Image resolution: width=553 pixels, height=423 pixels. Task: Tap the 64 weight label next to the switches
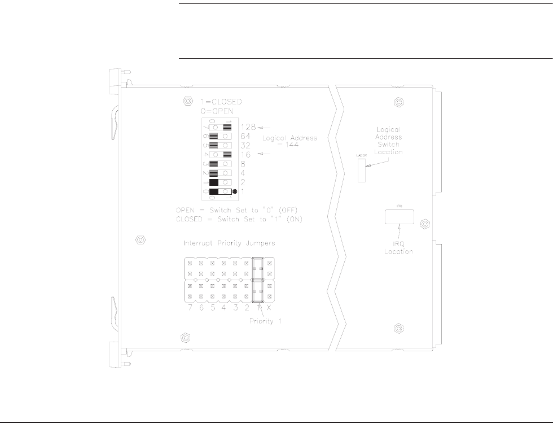pyautogui.click(x=245, y=136)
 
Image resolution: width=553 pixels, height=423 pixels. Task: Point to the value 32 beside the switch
pyautogui.click(x=245, y=145)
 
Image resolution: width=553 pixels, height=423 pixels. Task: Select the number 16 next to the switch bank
pyautogui.click(x=245, y=154)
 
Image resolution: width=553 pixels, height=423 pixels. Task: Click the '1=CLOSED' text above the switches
pyautogui.click(x=222, y=102)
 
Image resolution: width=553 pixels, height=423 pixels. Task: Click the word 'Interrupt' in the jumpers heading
pyautogui.click(x=199, y=243)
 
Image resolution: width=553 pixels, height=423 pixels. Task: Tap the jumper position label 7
pyautogui.click(x=191, y=308)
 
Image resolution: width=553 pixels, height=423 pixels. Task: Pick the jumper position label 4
pyautogui.click(x=224, y=308)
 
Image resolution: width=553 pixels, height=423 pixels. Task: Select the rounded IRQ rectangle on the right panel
pyautogui.click(x=400, y=216)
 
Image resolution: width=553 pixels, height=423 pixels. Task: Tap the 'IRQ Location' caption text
pyautogui.click(x=400, y=247)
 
